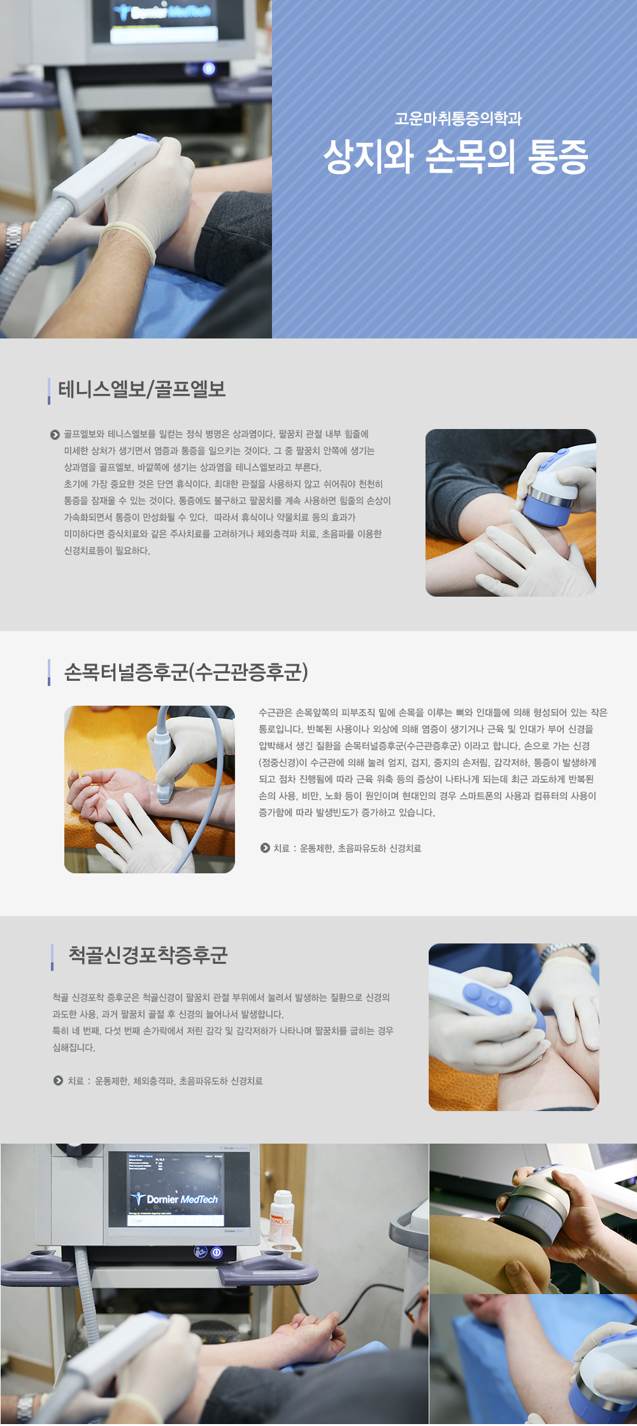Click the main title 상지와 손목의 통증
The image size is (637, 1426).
pyautogui.click(x=455, y=157)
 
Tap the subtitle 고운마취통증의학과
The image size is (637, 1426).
pyautogui.click(x=458, y=118)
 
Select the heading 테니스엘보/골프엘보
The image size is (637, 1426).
pyautogui.click(x=142, y=389)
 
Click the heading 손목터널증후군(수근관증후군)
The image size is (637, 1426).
pyautogui.click(x=186, y=672)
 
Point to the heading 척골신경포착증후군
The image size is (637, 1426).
pyautogui.click(x=148, y=955)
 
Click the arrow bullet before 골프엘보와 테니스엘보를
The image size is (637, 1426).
pyautogui.click(x=55, y=435)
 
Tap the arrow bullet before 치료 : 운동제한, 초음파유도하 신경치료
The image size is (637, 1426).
pyautogui.click(x=265, y=848)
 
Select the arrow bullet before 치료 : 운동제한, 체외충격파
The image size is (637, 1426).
pyautogui.click(x=58, y=1080)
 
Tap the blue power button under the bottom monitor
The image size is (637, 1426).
pyautogui.click(x=217, y=1252)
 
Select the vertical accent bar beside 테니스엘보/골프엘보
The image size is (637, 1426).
pyautogui.click(x=49, y=391)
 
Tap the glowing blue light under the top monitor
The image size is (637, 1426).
pyautogui.click(x=208, y=69)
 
